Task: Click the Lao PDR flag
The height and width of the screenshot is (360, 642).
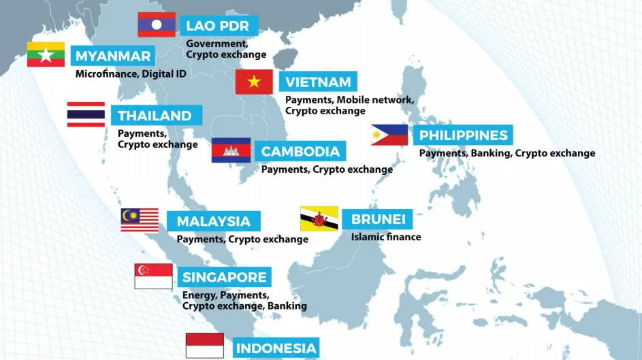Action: pyautogui.click(x=157, y=24)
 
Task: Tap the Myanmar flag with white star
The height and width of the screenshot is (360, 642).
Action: pyautogui.click(x=46, y=54)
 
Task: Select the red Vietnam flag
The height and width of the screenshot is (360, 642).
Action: pyautogui.click(x=254, y=82)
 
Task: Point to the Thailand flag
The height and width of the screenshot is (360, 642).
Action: pyautogui.click(x=86, y=114)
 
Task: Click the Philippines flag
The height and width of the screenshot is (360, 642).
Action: pyautogui.click(x=389, y=135)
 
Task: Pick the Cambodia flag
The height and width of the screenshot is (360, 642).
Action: pyautogui.click(x=231, y=150)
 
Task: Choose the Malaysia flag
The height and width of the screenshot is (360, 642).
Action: pyautogui.click(x=140, y=220)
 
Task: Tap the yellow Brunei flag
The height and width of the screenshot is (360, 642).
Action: pyautogui.click(x=319, y=218)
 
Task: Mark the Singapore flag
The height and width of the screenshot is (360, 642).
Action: pyautogui.click(x=153, y=276)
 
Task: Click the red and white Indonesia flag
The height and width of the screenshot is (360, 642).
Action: pyautogui.click(x=204, y=346)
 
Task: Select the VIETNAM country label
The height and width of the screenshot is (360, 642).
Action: pyautogui.click(x=318, y=82)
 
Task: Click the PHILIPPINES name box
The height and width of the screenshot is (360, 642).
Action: pyautogui.click(x=463, y=135)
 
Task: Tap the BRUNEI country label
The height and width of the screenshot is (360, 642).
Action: pyautogui.click(x=379, y=219)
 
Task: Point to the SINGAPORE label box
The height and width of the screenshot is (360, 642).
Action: pyautogui.click(x=224, y=277)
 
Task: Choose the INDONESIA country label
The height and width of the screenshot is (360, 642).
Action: pyautogui.click(x=276, y=348)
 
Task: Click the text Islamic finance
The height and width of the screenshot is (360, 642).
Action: pyautogui.click(x=386, y=237)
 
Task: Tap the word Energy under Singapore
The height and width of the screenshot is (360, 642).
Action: pyautogui.click(x=197, y=295)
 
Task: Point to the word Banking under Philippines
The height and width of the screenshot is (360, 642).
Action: pyautogui.click(x=490, y=153)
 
